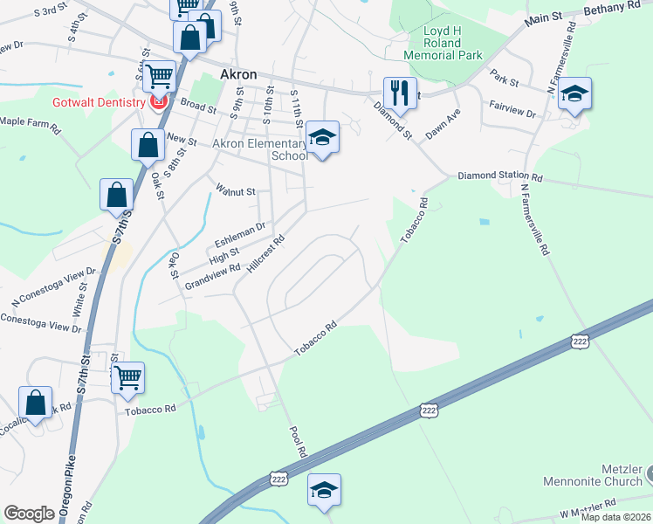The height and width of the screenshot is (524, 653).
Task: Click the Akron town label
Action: [238, 74]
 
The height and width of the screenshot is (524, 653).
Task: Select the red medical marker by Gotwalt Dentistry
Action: [158, 103]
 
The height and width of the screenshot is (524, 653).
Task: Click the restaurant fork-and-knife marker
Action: [399, 92]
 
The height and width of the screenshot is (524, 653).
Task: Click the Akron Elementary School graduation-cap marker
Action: [322, 138]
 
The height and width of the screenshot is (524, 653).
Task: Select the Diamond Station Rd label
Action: [501, 176]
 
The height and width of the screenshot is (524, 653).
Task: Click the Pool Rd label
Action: [297, 443]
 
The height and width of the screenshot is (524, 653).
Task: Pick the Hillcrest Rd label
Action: [266, 252]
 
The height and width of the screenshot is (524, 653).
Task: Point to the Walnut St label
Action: [236, 190]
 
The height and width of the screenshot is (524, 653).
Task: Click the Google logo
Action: [29, 514]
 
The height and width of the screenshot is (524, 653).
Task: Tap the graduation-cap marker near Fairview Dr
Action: [574, 93]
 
